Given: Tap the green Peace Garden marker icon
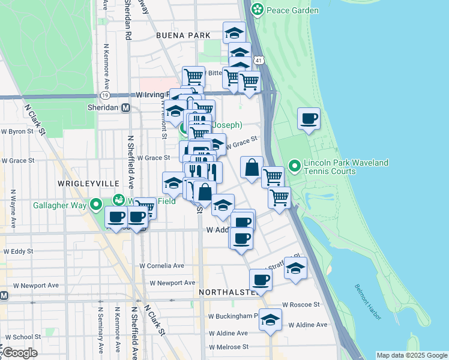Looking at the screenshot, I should click(258, 10).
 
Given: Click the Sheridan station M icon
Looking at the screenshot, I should click(126, 108).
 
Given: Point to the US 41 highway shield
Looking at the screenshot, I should click(258, 61).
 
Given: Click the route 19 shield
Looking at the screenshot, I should click(105, 95).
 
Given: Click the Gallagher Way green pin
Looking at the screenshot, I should click(96, 206).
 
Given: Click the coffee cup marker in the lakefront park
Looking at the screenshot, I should click(309, 119).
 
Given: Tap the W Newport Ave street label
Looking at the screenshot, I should click(173, 283).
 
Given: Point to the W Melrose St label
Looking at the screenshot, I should click(228, 347).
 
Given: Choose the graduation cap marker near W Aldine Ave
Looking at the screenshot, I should click(271, 320).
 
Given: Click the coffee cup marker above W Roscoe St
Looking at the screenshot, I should click(261, 280).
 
